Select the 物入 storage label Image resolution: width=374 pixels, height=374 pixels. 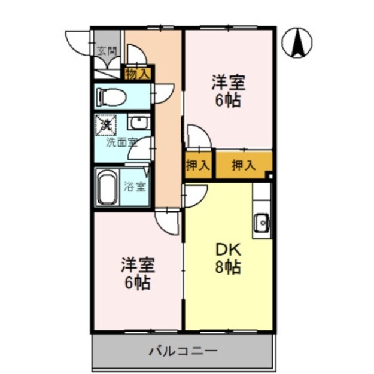click(138, 73)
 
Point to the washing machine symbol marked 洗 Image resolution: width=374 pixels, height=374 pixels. click(105, 124)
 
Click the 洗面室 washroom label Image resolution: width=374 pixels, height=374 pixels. click(121, 142)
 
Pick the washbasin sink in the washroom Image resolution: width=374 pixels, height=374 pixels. click(139, 123)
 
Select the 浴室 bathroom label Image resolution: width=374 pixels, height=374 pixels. click(134, 186)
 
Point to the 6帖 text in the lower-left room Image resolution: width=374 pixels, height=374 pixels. click(137, 282)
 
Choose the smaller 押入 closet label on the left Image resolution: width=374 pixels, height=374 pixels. click(197, 166)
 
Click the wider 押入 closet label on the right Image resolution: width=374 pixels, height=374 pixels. click(243, 166)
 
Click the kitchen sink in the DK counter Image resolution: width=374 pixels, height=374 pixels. click(262, 223)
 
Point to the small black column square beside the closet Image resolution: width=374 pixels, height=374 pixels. click(270, 176)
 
